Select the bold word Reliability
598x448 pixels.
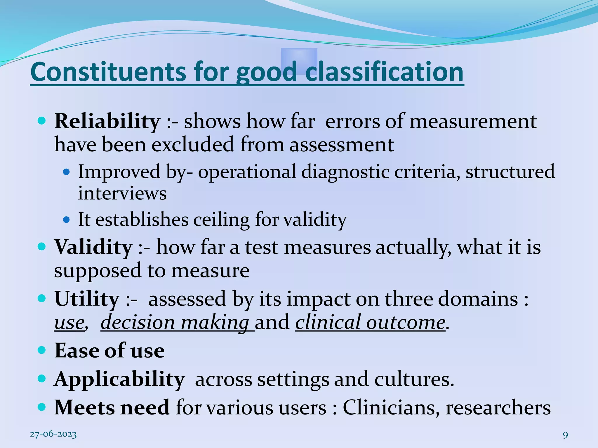click(x=107, y=121)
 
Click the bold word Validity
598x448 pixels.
click(x=93, y=247)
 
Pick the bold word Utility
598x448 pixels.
click(x=87, y=299)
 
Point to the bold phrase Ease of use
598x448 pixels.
click(x=109, y=351)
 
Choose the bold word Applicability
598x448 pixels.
click(x=119, y=379)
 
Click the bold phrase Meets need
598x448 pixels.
click(x=112, y=407)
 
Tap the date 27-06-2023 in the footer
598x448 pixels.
click(x=53, y=435)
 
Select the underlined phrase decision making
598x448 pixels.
click(x=175, y=323)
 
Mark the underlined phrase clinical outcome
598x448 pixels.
click(x=370, y=323)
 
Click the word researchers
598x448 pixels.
click(x=498, y=407)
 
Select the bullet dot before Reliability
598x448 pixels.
click(x=42, y=121)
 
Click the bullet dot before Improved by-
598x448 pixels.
click(x=67, y=172)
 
